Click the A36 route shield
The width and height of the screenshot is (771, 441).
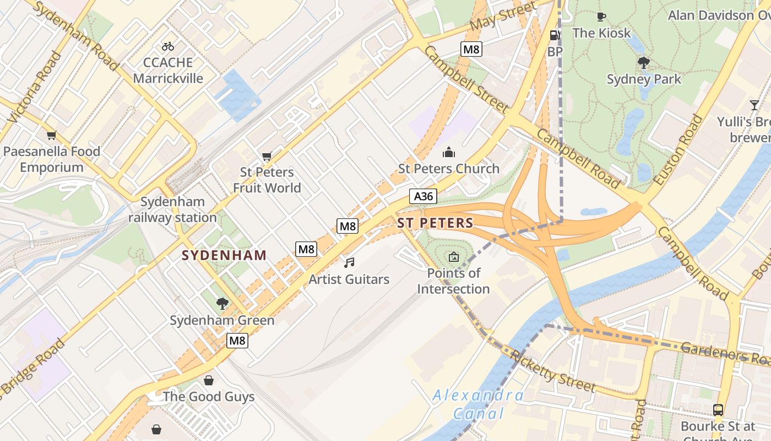coord(423,196)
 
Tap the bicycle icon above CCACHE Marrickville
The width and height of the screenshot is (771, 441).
coord(168,46)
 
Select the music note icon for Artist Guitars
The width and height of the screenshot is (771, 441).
coord(349,263)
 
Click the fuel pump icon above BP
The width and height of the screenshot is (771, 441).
coord(555,35)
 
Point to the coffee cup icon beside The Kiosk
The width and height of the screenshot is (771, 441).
coord(601,17)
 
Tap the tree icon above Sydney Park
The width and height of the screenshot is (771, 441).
coord(643,63)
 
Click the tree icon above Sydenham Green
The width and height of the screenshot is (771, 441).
coord(222,303)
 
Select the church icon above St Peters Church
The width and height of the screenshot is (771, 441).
coord(449,152)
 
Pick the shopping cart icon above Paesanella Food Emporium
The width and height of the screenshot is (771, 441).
coord(52,135)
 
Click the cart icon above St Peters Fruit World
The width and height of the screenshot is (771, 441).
coord(267,157)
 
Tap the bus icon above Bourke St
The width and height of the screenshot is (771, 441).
coord(718,410)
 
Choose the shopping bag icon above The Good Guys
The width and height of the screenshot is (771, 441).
coord(209,380)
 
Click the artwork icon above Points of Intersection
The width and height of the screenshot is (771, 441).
coord(453,256)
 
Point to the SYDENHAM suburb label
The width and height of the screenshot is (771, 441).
coord(224,256)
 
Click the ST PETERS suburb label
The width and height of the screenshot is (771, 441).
coord(435,223)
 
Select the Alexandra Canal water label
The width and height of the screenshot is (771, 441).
coord(477,404)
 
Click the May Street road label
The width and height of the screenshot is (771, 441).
coord(503,17)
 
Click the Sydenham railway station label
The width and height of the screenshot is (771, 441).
coord(172,209)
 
